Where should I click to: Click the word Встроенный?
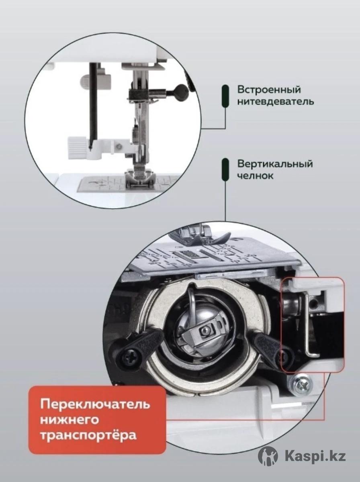(x=269, y=90)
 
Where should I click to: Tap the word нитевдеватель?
(x=276, y=102)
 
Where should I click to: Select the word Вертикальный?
(x=275, y=164)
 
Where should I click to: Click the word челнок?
(x=256, y=176)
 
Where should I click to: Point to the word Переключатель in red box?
(x=95, y=404)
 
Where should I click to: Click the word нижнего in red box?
(x=70, y=420)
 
